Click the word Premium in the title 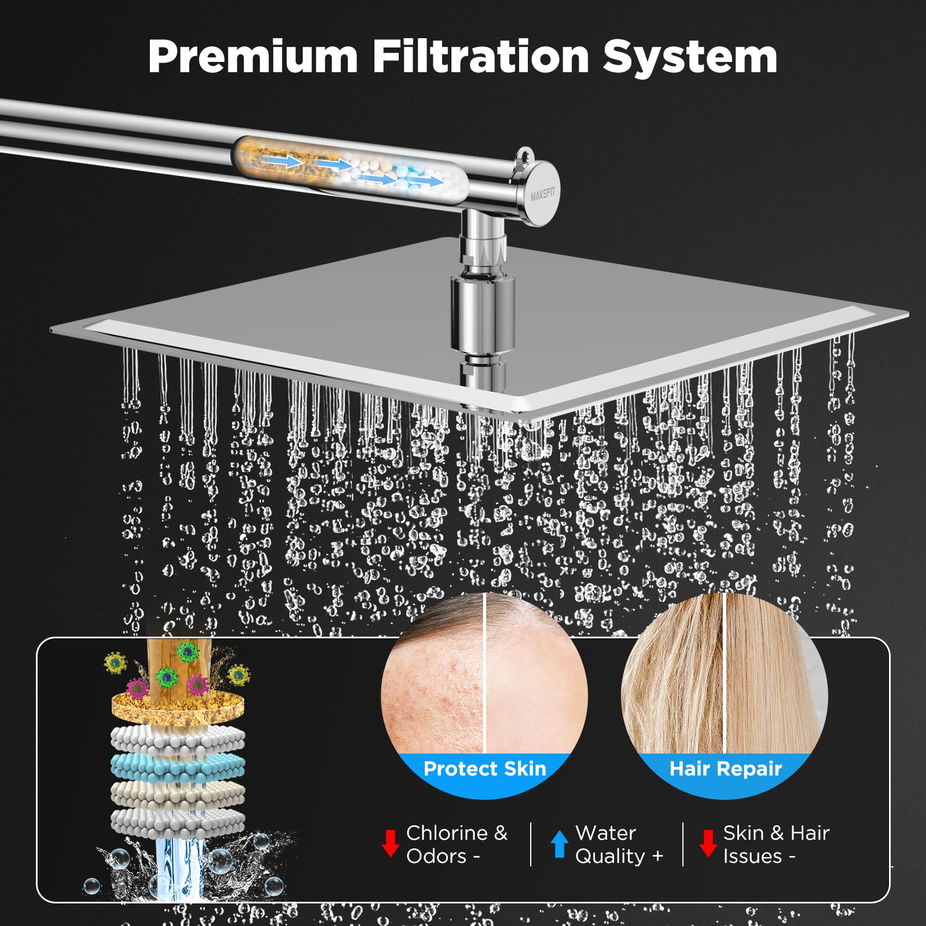[x=253, y=57]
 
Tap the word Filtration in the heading [x=480, y=57]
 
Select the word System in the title [x=690, y=58]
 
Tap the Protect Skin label [x=484, y=769]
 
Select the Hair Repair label [x=725, y=769]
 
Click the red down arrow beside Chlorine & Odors [x=391, y=843]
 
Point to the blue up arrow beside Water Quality [x=559, y=844]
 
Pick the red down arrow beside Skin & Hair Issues [x=708, y=843]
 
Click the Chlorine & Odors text [x=456, y=844]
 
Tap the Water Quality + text [x=619, y=844]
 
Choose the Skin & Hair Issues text [x=776, y=844]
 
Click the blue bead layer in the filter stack [x=178, y=766]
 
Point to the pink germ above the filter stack [x=137, y=688]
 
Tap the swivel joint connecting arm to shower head [x=483, y=243]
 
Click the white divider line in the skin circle [x=484, y=671]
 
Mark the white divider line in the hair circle [x=724, y=671]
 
